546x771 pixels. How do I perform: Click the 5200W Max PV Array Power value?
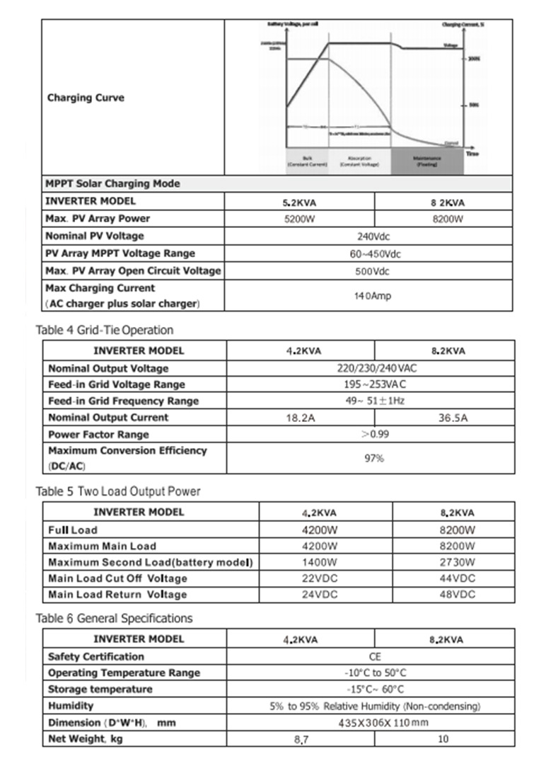click(x=300, y=219)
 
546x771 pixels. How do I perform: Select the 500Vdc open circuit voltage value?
click(x=371, y=271)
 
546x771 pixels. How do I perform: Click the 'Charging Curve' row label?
click(x=86, y=98)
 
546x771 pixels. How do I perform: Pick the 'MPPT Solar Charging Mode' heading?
click(x=112, y=184)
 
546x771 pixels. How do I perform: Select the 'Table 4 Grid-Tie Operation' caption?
click(x=104, y=330)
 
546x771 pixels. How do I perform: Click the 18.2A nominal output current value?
click(x=300, y=418)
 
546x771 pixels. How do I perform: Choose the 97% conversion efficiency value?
click(x=374, y=458)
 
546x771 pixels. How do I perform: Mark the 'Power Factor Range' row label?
click(x=98, y=435)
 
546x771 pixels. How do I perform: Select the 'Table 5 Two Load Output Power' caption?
click(x=117, y=491)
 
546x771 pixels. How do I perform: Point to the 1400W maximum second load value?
click(x=318, y=562)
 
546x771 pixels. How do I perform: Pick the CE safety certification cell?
click(x=375, y=657)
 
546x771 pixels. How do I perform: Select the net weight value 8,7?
click(x=300, y=740)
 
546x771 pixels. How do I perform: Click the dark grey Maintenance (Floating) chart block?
click(x=427, y=161)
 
